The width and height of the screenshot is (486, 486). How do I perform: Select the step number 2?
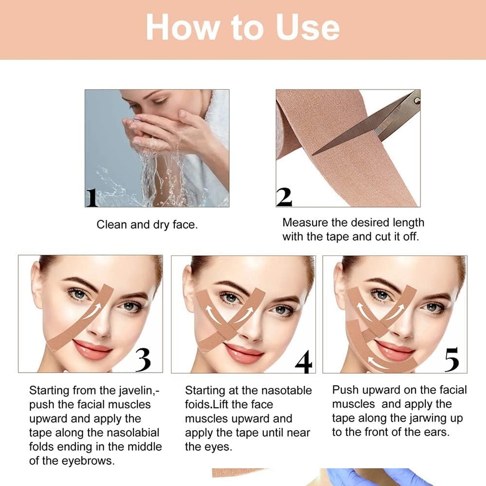point(284,197)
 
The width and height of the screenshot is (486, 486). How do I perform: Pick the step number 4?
point(303,362)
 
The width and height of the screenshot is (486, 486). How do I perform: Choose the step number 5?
point(452,360)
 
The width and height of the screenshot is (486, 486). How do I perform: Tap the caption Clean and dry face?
point(147,225)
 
